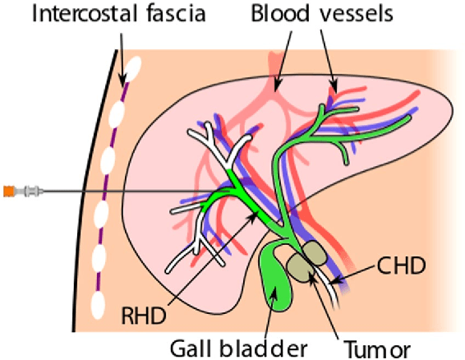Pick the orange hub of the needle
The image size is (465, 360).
click(7, 191)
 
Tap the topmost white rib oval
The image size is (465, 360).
click(131, 71)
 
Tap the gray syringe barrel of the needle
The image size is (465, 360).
click(30, 191)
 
